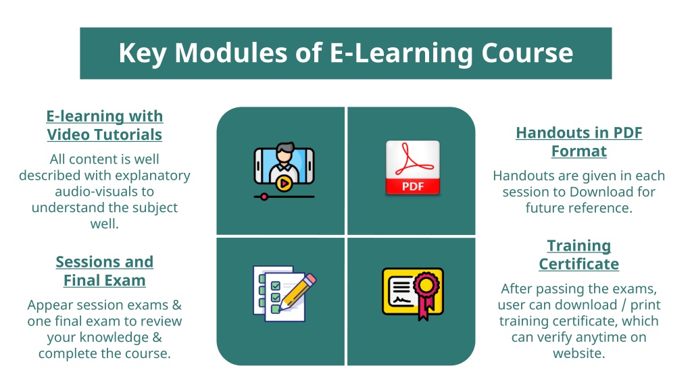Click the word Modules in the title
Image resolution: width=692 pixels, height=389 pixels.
point(231,53)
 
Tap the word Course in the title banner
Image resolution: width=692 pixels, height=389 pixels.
point(527,53)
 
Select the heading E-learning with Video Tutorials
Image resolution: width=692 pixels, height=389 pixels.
point(105,125)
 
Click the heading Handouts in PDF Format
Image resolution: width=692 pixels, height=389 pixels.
point(579,142)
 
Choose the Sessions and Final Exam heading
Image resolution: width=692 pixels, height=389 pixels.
point(105,271)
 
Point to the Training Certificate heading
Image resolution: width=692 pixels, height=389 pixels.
point(579,255)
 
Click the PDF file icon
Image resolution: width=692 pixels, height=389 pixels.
point(413,167)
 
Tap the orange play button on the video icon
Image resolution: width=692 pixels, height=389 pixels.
point(284,182)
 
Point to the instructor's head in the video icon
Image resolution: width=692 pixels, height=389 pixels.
point(285,153)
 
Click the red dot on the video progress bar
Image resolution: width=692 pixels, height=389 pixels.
point(264,197)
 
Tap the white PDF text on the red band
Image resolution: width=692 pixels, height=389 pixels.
point(413,186)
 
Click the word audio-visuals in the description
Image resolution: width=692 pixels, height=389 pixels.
point(105,191)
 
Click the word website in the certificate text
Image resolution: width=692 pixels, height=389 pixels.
point(579,353)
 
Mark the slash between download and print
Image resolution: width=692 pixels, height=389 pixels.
point(624,305)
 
